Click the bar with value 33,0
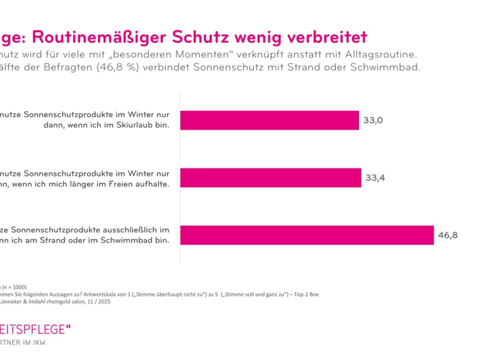point(269,120)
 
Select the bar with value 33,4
point(270,178)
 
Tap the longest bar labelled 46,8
point(307,235)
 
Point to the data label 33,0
point(373,120)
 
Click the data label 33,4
point(375,178)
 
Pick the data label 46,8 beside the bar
point(448,235)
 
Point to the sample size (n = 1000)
point(14,287)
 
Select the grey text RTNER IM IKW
point(23,343)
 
